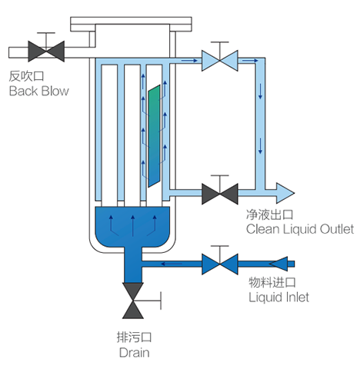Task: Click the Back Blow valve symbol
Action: tap(46, 52)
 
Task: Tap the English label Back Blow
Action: tap(39, 91)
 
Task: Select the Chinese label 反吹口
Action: tap(26, 76)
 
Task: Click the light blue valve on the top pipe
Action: tap(220, 61)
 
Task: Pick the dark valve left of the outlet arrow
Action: tap(220, 194)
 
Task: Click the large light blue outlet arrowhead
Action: tap(285, 193)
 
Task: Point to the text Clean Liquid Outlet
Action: tap(300, 229)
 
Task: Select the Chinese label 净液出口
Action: tap(269, 214)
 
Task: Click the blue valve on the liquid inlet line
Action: tap(220, 264)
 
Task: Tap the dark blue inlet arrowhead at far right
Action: tap(278, 264)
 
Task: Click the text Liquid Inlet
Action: tap(278, 298)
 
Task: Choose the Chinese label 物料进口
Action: tap(272, 282)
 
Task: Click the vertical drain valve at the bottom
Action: tap(133, 301)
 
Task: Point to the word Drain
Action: tap(135, 352)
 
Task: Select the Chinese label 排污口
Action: tap(134, 337)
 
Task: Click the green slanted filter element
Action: tap(154, 136)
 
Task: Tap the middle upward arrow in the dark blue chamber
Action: tap(132, 226)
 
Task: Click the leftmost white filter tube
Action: tap(109, 135)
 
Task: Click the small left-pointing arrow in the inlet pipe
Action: tap(172, 264)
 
